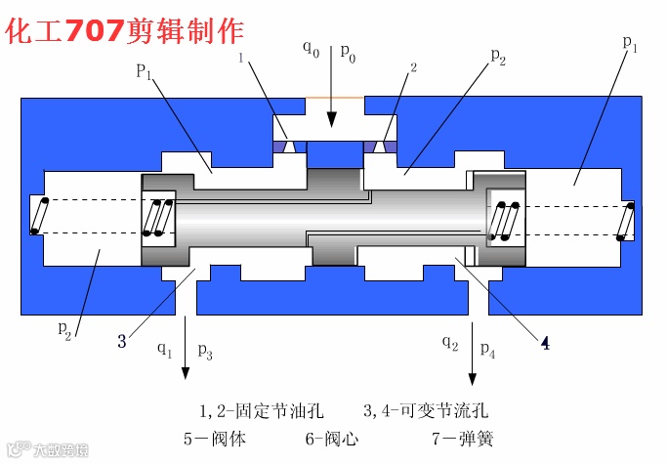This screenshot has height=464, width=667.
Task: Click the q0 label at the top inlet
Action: (x=311, y=48)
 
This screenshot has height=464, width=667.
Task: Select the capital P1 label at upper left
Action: (x=146, y=70)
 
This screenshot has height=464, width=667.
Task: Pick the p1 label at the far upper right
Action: (x=630, y=43)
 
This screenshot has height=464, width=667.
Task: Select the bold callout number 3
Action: (x=122, y=341)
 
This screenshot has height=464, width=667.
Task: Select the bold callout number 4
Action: (x=545, y=343)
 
